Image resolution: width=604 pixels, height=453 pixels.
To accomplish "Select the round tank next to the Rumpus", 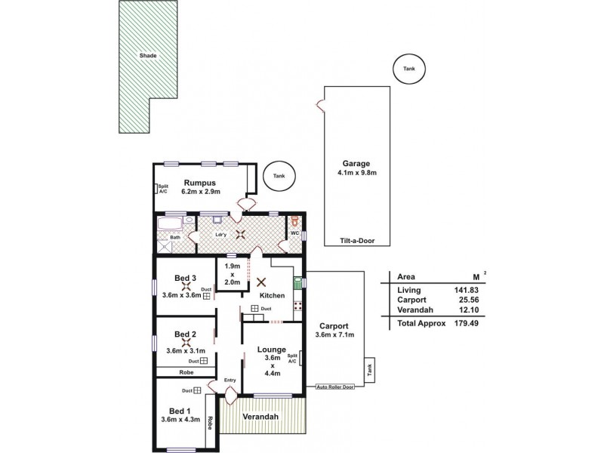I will tap(279, 177).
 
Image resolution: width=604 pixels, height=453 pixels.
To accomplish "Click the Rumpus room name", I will tap(200, 183).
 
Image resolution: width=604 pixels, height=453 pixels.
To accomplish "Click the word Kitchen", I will tap(272, 295).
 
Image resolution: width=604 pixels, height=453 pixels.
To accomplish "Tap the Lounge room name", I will tap(272, 350).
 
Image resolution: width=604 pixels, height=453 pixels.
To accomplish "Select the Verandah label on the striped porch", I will tap(260, 416).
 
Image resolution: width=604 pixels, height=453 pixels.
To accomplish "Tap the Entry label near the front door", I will tap(230, 380).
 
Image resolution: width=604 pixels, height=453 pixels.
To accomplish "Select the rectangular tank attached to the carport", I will tap(370, 371).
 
